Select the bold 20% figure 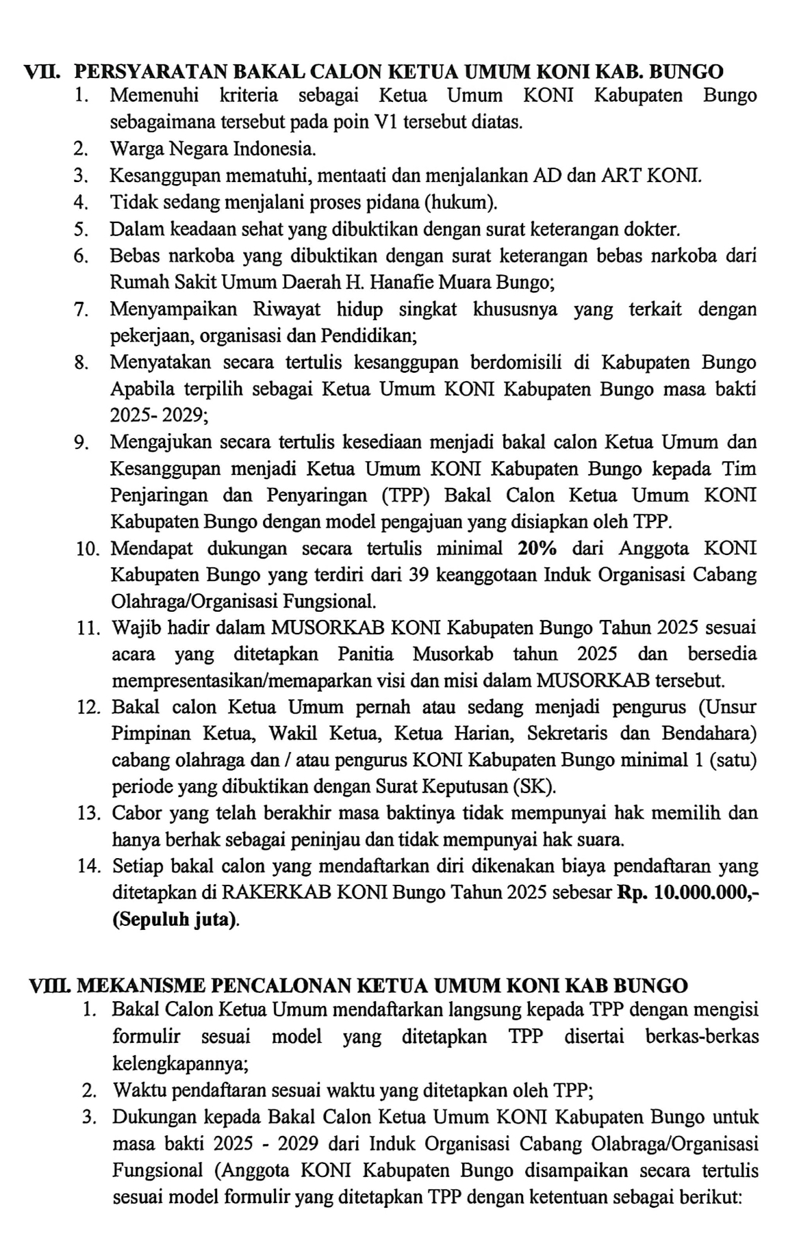[x=537, y=548]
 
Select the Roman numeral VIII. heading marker [x=49, y=986]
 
